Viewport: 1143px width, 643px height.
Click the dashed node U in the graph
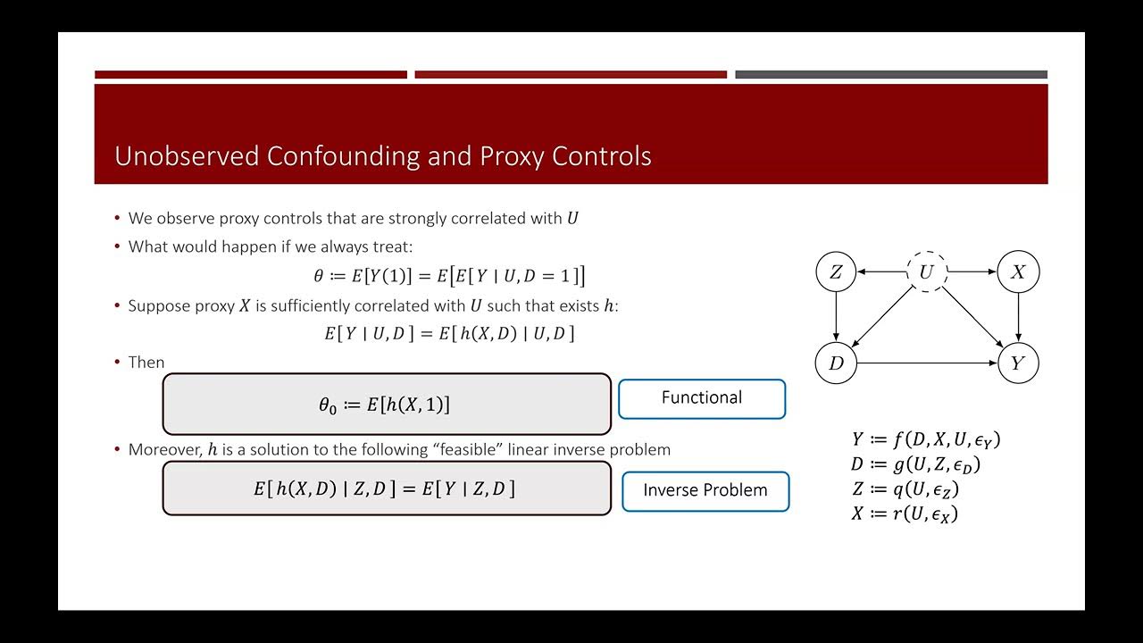(x=926, y=272)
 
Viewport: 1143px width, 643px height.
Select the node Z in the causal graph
(x=836, y=272)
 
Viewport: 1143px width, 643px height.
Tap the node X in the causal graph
(x=1018, y=272)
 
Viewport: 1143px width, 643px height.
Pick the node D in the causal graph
(x=836, y=363)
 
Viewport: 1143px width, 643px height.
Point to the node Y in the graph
(x=1018, y=363)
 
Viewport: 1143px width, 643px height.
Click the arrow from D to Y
(x=927, y=363)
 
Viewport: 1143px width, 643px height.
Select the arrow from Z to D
(x=836, y=318)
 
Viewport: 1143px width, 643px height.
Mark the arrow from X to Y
(x=1018, y=318)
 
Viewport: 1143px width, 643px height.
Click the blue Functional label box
(x=702, y=398)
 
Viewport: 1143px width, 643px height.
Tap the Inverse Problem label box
(x=705, y=490)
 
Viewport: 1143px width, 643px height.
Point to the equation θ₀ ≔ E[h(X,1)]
(x=385, y=405)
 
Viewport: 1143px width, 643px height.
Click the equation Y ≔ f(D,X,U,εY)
(x=926, y=439)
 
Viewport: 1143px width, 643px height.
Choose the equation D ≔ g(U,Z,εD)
(x=916, y=464)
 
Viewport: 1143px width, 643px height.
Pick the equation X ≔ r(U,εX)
(x=905, y=514)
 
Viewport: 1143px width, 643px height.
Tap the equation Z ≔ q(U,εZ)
(x=905, y=489)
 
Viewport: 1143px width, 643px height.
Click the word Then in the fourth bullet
(x=146, y=363)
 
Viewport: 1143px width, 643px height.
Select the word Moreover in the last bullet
(x=165, y=449)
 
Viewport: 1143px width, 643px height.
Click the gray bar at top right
(x=891, y=75)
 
